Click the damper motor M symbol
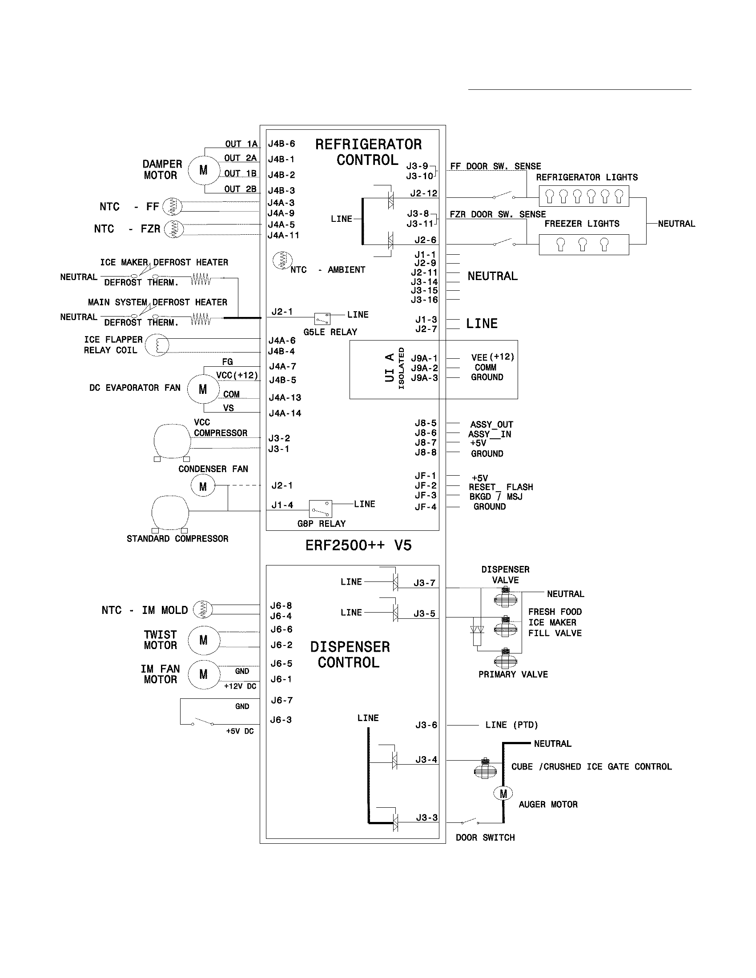(x=203, y=170)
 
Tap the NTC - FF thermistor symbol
(x=172, y=206)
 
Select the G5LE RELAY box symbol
(x=322, y=318)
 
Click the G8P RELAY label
(x=321, y=524)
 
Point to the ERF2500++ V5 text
(x=358, y=545)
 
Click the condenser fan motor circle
(x=203, y=486)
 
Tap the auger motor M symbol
(x=503, y=794)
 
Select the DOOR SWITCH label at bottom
(x=485, y=838)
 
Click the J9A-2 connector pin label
(x=424, y=368)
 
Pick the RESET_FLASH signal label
(x=501, y=487)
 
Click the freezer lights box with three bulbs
(x=583, y=244)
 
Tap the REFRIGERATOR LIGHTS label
(x=587, y=177)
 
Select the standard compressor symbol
(x=170, y=513)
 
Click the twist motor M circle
(x=203, y=640)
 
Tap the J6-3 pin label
(x=281, y=720)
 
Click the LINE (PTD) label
(x=511, y=725)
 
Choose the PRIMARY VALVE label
(x=513, y=674)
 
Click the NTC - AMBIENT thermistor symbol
(x=282, y=261)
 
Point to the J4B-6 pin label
(x=281, y=144)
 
